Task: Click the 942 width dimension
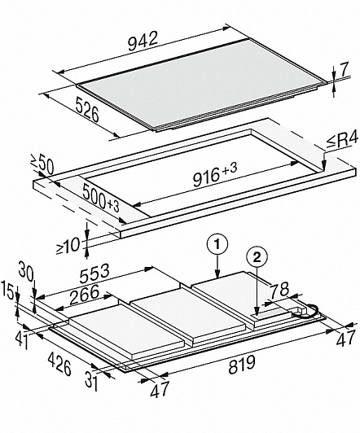143,42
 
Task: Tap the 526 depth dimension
87,110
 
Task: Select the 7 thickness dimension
343,70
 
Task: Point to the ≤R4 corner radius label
343,141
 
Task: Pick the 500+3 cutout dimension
101,198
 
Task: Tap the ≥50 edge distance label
42,165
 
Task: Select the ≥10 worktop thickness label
68,246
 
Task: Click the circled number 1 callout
217,245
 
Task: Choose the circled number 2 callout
257,258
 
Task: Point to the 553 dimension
94,273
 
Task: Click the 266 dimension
84,295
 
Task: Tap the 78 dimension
279,290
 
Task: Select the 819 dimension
242,365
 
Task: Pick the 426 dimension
59,365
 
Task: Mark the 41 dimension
21,339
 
